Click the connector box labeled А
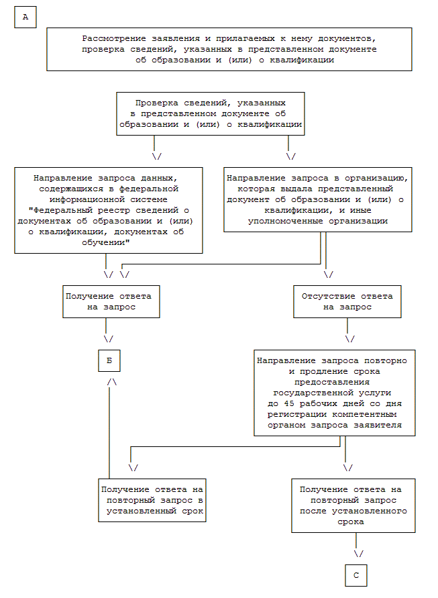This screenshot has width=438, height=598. [x=25, y=17]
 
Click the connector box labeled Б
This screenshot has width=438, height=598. [x=109, y=360]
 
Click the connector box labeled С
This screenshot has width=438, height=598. [x=356, y=575]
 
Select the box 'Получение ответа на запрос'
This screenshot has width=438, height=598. [x=111, y=301]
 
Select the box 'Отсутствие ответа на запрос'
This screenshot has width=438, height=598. [x=347, y=301]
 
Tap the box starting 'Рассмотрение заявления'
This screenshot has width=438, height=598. [x=229, y=49]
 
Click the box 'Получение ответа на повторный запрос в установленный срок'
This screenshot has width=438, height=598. [x=152, y=500]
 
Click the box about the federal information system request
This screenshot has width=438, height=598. [x=109, y=209]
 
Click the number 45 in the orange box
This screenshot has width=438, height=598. [x=288, y=403]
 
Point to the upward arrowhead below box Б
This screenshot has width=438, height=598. [x=112, y=381]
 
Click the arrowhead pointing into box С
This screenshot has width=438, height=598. [x=358, y=554]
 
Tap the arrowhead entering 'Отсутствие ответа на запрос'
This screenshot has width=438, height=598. [x=328, y=274]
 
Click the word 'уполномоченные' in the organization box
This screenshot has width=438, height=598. [x=283, y=220]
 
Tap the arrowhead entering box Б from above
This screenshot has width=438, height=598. [x=109, y=339]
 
